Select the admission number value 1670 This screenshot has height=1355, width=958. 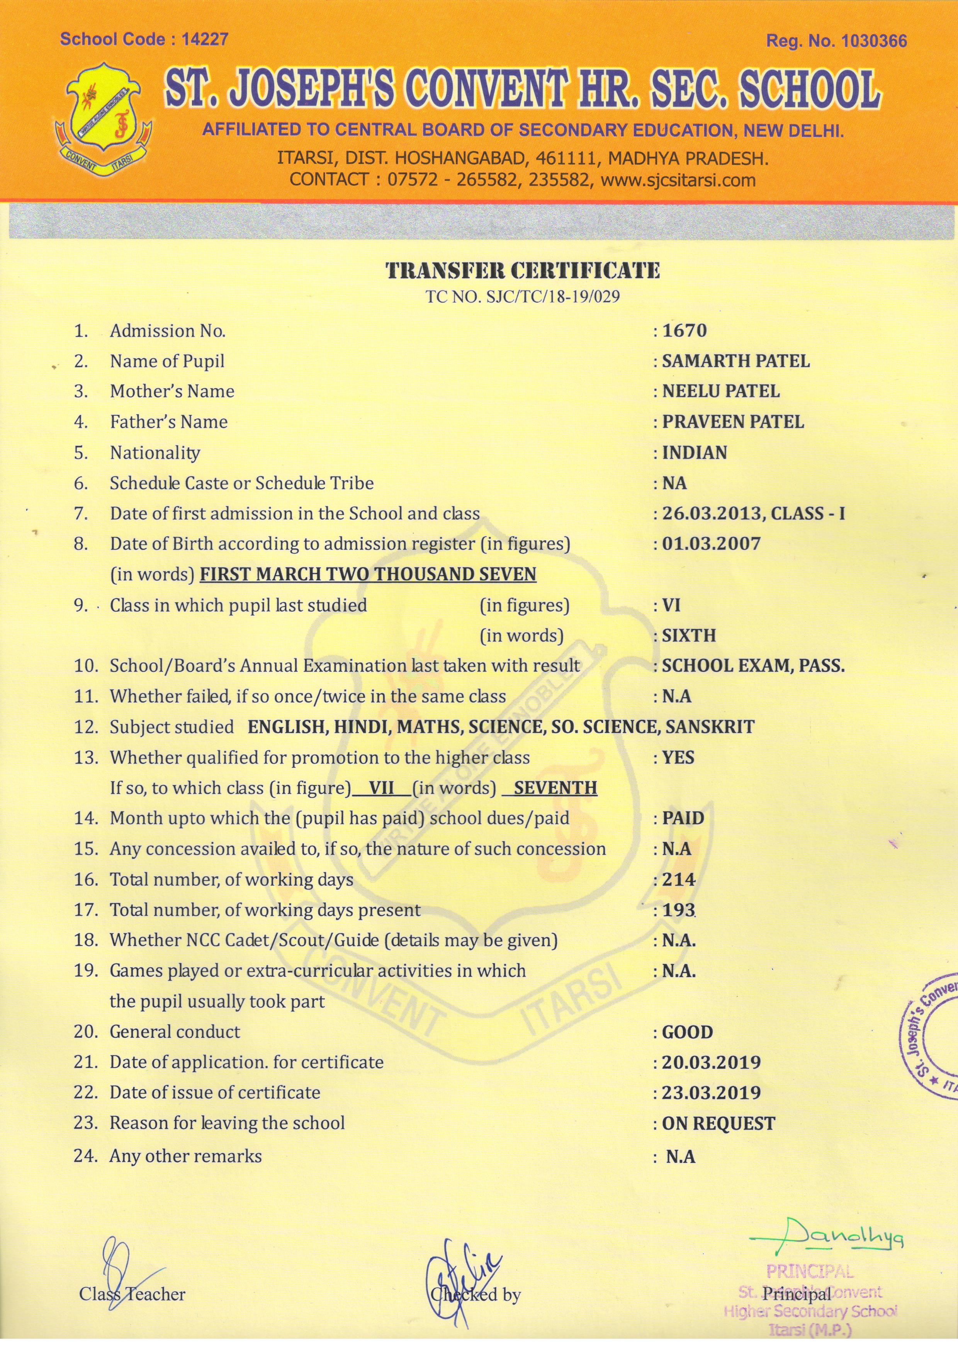pyautogui.click(x=684, y=330)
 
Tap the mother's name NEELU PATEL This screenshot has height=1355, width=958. pyautogui.click(x=721, y=391)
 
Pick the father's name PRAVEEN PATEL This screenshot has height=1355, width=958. pyautogui.click(x=733, y=422)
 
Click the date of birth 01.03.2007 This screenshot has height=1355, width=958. pyautogui.click(x=712, y=544)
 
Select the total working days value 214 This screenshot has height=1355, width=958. pyautogui.click(x=678, y=879)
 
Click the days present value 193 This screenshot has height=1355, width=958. pyautogui.click(x=678, y=910)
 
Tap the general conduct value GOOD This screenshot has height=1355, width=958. pyautogui.click(x=687, y=1032)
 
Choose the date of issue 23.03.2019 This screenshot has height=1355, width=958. pyautogui.click(x=712, y=1093)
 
